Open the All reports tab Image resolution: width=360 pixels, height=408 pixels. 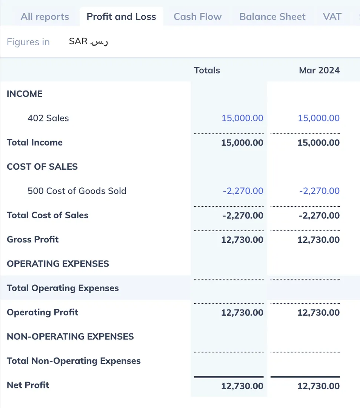tap(45, 17)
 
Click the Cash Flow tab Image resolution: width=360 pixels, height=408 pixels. tap(197, 17)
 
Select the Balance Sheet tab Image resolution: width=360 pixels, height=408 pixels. tap(272, 17)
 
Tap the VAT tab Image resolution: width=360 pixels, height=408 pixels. tap(332, 17)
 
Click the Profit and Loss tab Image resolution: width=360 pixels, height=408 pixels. tap(121, 17)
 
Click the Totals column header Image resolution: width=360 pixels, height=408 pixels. tap(207, 70)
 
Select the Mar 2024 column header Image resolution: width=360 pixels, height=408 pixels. tap(319, 70)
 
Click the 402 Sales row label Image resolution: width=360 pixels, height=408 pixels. tap(48, 118)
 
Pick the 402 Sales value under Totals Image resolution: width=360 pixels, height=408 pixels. tap(242, 118)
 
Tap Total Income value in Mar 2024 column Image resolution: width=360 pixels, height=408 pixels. tap(318, 143)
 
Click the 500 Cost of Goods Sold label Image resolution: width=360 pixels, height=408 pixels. tap(77, 191)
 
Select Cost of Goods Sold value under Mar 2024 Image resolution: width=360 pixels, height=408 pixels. tap(319, 191)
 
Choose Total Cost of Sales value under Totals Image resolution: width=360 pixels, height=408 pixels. tap(243, 215)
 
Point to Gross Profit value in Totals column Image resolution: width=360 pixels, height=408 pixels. tap(242, 240)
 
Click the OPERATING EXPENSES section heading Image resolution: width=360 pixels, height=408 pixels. tap(58, 264)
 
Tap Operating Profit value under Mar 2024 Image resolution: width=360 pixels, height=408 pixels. tap(318, 313)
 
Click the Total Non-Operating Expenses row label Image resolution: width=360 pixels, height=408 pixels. tap(74, 361)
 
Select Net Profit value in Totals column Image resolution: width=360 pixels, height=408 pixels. tap(242, 386)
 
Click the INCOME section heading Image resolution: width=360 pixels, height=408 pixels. tap(25, 94)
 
